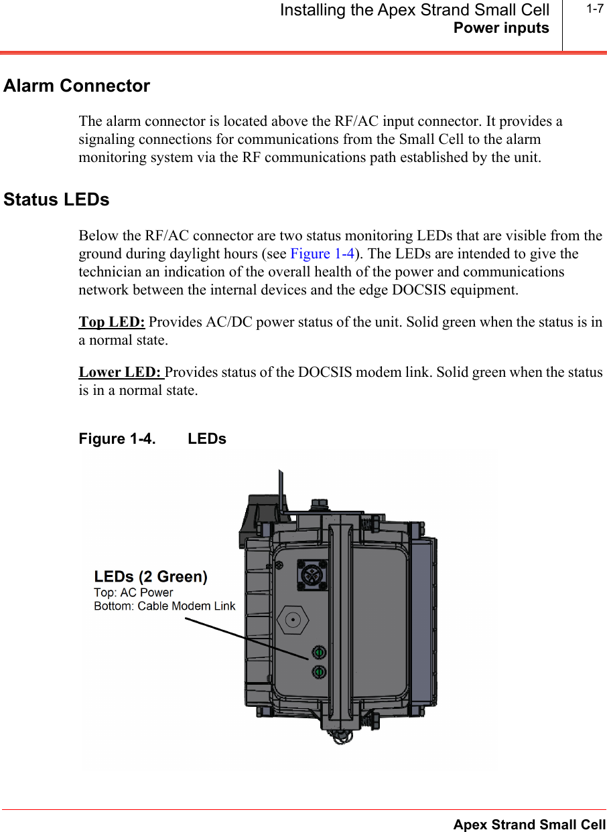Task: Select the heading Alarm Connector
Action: (x=76, y=86)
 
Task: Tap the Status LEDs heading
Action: (x=56, y=200)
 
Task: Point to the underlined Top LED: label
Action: (x=112, y=322)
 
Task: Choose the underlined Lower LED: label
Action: (x=121, y=372)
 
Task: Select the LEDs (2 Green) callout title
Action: (x=151, y=576)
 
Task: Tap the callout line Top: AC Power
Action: (x=133, y=592)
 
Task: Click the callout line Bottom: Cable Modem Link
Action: (x=164, y=606)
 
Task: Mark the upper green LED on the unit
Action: (x=319, y=653)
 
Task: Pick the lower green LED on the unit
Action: (x=319, y=671)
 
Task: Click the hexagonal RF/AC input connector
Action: (x=293, y=620)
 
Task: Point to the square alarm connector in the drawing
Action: (x=311, y=574)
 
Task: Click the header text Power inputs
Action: (x=501, y=28)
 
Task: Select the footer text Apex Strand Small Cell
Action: (x=529, y=825)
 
